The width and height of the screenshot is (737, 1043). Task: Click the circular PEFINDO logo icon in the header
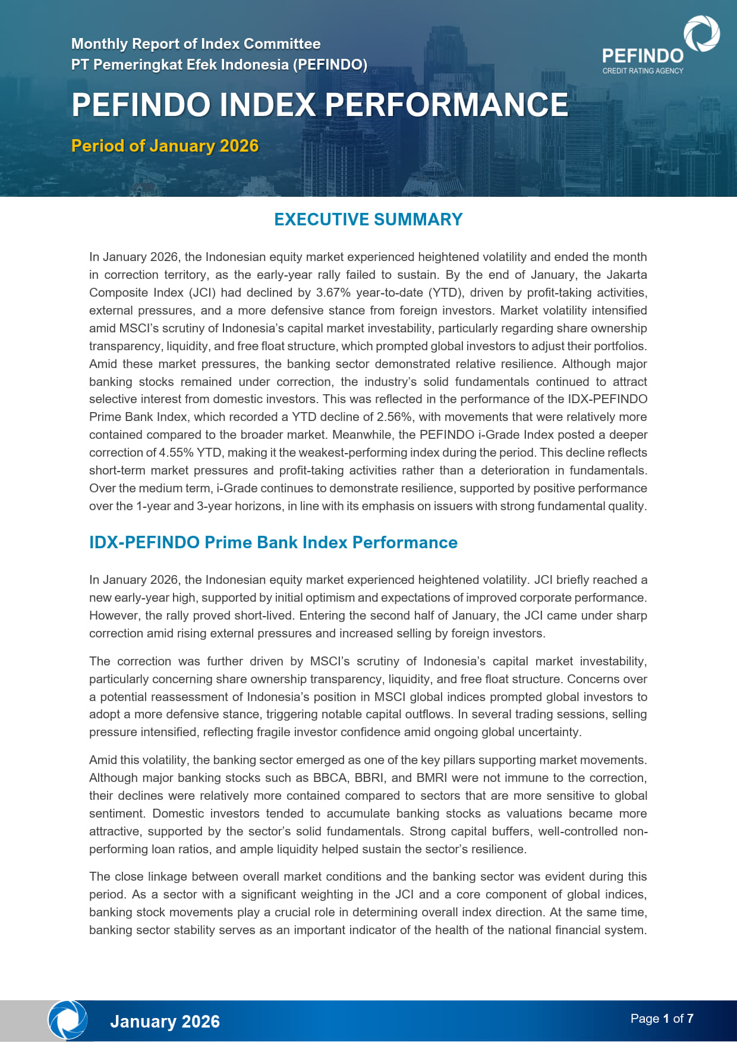click(x=701, y=33)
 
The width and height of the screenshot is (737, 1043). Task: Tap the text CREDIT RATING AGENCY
click(x=642, y=71)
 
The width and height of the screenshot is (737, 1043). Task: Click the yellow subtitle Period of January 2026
click(x=165, y=146)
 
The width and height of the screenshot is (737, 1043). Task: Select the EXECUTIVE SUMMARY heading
click(x=368, y=219)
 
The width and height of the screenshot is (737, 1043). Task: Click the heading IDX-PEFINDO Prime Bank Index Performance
click(x=273, y=542)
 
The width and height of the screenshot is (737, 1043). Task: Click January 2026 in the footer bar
click(x=165, y=1022)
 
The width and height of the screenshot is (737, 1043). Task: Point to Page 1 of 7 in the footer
click(x=662, y=1019)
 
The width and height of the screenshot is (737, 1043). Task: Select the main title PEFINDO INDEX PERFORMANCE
click(x=320, y=105)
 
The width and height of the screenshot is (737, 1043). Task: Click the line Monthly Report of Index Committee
click(x=196, y=43)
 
